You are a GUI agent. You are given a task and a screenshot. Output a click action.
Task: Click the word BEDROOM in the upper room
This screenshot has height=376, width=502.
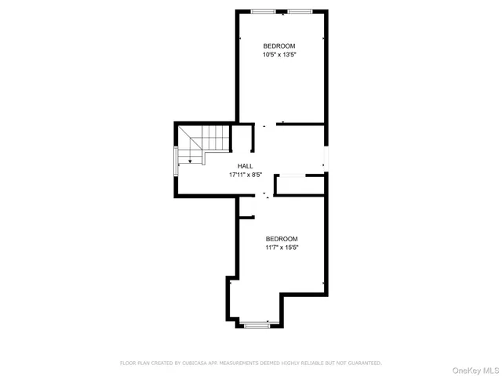point(279,46)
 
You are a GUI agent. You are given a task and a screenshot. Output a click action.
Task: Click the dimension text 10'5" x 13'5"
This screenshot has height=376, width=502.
point(279,55)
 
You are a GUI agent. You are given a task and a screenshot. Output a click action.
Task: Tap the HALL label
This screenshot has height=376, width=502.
point(246,166)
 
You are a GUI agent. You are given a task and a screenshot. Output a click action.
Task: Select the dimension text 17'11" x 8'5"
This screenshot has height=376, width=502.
point(246,175)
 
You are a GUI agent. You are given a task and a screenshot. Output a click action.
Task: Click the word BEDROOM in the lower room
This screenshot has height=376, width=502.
point(282,239)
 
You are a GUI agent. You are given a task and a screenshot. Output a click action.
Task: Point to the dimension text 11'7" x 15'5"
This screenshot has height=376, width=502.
point(282,248)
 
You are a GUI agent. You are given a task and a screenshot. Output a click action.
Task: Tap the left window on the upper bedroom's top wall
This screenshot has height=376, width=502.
point(263,11)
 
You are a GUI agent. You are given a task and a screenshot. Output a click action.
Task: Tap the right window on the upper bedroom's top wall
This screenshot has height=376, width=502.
point(298,11)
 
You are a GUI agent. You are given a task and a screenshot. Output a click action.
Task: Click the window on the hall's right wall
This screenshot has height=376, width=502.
point(326,161)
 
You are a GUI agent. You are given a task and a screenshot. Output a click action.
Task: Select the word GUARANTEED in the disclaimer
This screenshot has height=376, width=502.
point(362,363)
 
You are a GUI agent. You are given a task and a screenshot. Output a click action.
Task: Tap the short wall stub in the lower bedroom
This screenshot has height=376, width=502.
point(246,217)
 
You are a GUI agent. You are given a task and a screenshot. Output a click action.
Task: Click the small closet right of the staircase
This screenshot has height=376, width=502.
point(241,138)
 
